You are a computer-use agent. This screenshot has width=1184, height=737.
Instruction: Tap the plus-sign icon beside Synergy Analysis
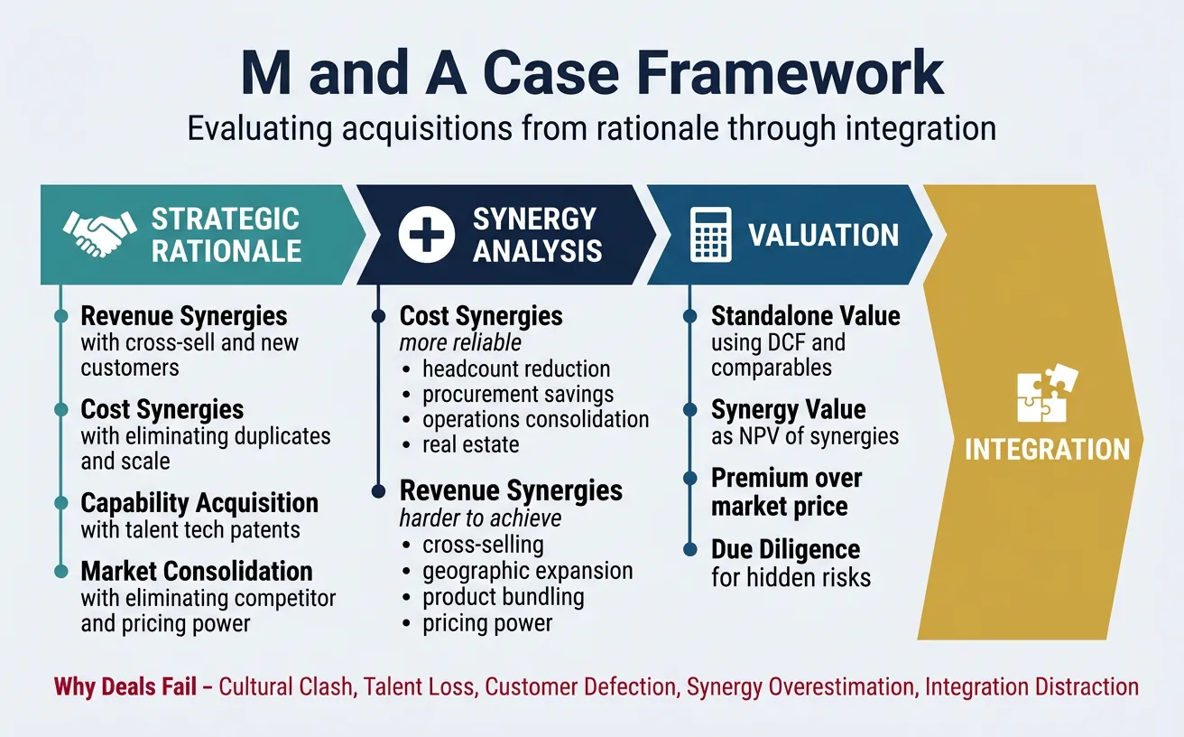(x=427, y=234)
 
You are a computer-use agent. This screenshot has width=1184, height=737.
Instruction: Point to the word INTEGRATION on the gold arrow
(x=1047, y=449)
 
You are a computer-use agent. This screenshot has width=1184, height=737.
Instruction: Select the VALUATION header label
(x=823, y=235)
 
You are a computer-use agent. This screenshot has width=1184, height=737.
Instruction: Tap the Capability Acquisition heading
(x=199, y=503)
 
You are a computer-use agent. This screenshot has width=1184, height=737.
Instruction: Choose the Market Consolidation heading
(x=197, y=571)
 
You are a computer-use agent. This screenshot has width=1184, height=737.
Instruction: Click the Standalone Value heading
(x=805, y=316)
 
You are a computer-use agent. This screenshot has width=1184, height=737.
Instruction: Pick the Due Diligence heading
(x=785, y=549)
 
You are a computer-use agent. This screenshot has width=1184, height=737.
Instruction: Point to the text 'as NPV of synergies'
(x=805, y=436)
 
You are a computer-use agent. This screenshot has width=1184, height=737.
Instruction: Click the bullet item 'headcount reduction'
(x=516, y=369)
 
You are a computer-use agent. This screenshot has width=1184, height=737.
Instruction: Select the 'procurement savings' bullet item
(x=518, y=395)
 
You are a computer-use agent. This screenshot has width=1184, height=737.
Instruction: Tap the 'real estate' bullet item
(x=470, y=444)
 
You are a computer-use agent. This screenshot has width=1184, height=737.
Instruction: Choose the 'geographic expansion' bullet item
(x=527, y=572)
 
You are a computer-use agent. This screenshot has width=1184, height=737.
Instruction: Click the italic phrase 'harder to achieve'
(x=480, y=518)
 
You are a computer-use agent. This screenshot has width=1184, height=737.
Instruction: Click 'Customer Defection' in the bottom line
(x=580, y=686)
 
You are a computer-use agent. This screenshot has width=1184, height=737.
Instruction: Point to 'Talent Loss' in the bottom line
(x=419, y=686)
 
